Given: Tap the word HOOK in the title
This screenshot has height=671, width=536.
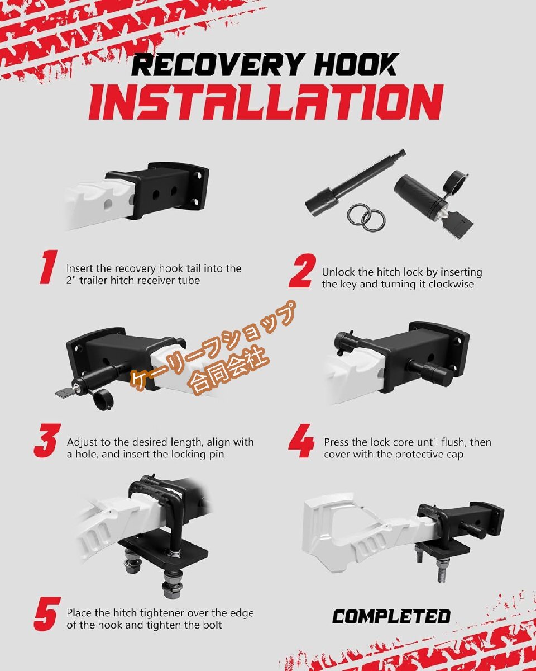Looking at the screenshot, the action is point(355,64).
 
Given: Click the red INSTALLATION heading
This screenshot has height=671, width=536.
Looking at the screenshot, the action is point(266,102).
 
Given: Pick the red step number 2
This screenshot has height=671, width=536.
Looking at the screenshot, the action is point(301,270).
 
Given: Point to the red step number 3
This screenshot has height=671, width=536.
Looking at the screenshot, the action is point(47,441).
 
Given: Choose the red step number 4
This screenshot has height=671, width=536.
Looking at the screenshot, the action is point(301,441).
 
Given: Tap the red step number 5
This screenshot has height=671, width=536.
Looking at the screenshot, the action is point(47,614).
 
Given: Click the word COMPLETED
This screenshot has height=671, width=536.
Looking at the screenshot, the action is point(391,617).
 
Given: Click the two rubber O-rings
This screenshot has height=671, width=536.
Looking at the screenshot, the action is point(366,218).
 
